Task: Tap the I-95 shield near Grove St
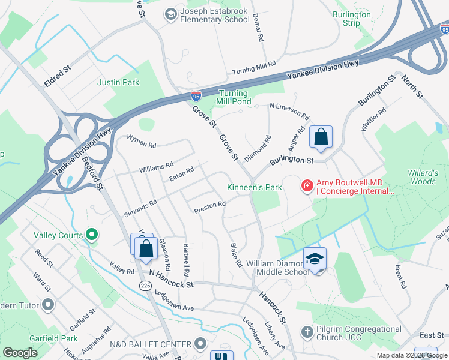(x=196, y=95)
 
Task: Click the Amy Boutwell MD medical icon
(x=307, y=187)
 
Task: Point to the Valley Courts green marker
(x=92, y=235)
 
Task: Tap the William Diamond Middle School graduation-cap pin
(x=315, y=259)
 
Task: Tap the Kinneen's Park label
(x=255, y=187)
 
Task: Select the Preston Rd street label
(x=210, y=207)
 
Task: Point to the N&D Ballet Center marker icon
(x=200, y=344)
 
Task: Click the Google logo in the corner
(x=20, y=353)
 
